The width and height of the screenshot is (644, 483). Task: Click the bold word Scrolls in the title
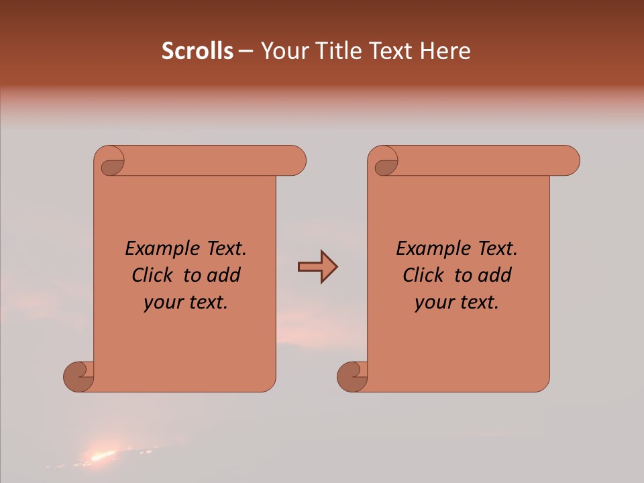tap(197, 51)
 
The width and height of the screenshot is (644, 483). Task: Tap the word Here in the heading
tap(445, 51)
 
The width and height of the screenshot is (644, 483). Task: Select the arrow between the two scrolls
tap(317, 267)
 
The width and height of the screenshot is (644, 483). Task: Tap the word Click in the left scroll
tap(154, 275)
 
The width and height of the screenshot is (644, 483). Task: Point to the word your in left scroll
tap(162, 303)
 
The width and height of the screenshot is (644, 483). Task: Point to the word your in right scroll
tap(433, 303)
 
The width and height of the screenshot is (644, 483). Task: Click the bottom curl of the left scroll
tap(79, 376)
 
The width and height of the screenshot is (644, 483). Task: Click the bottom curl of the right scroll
tap(352, 376)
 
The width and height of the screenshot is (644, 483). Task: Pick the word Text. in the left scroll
tap(222, 249)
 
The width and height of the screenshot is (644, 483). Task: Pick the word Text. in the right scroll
tap(493, 249)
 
